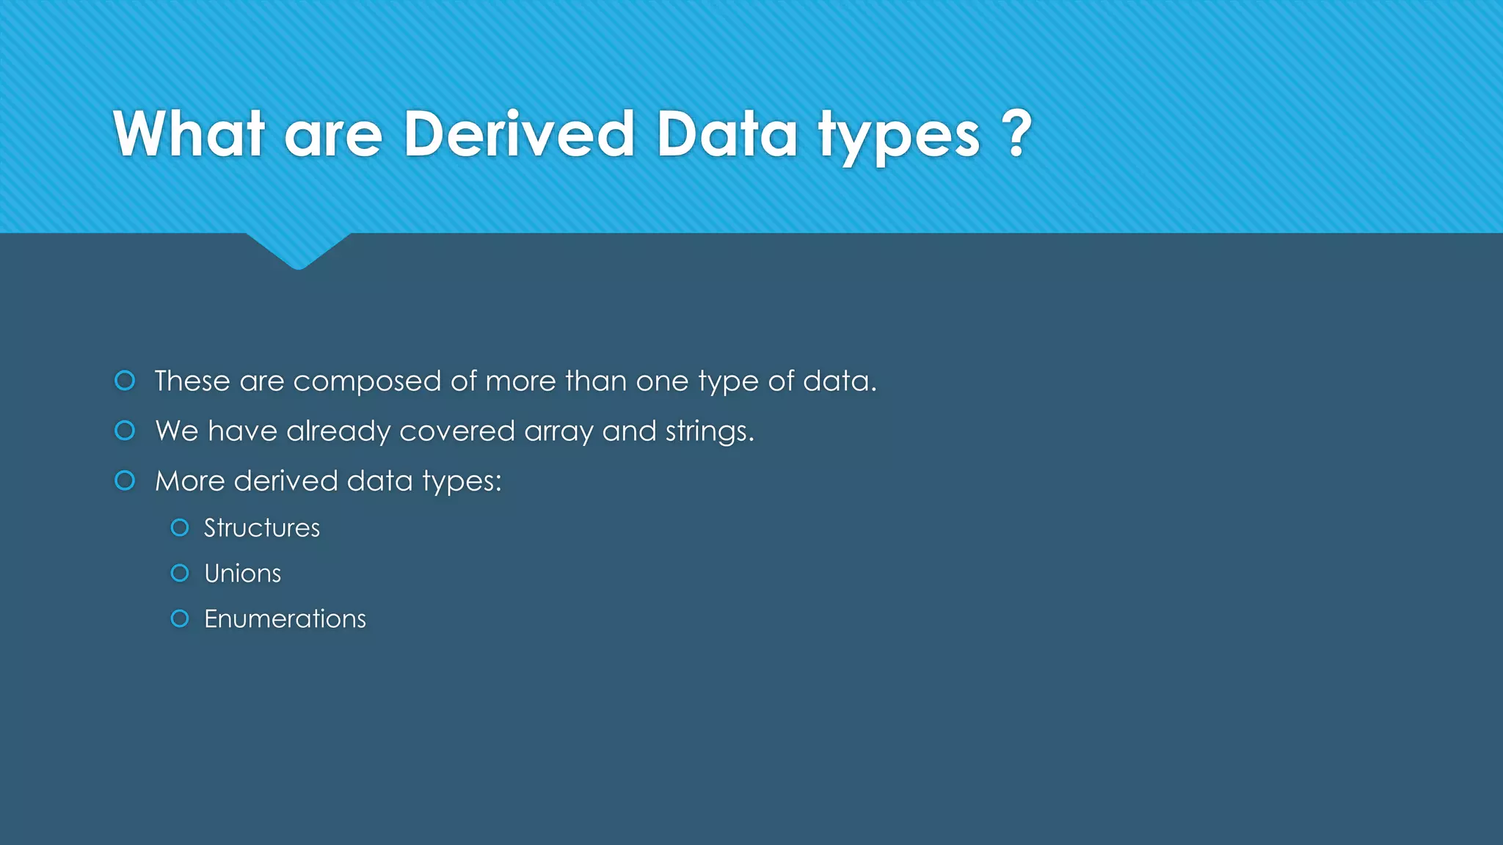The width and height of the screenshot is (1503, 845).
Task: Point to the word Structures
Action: [262, 528]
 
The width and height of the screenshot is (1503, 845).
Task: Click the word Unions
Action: [242, 574]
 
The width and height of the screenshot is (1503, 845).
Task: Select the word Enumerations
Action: [285, 619]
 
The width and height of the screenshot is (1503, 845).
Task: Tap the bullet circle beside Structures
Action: [180, 527]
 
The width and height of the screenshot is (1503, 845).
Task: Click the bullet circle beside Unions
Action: [180, 573]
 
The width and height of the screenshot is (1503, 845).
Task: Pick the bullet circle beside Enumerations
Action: [180, 618]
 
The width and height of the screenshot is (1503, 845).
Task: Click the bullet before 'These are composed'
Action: [125, 380]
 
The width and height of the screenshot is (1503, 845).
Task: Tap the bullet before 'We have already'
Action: [125, 431]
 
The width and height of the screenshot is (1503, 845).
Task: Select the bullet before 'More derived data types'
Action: [125, 480]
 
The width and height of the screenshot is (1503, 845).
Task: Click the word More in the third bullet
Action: [189, 481]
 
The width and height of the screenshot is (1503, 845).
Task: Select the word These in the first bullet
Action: [192, 381]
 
